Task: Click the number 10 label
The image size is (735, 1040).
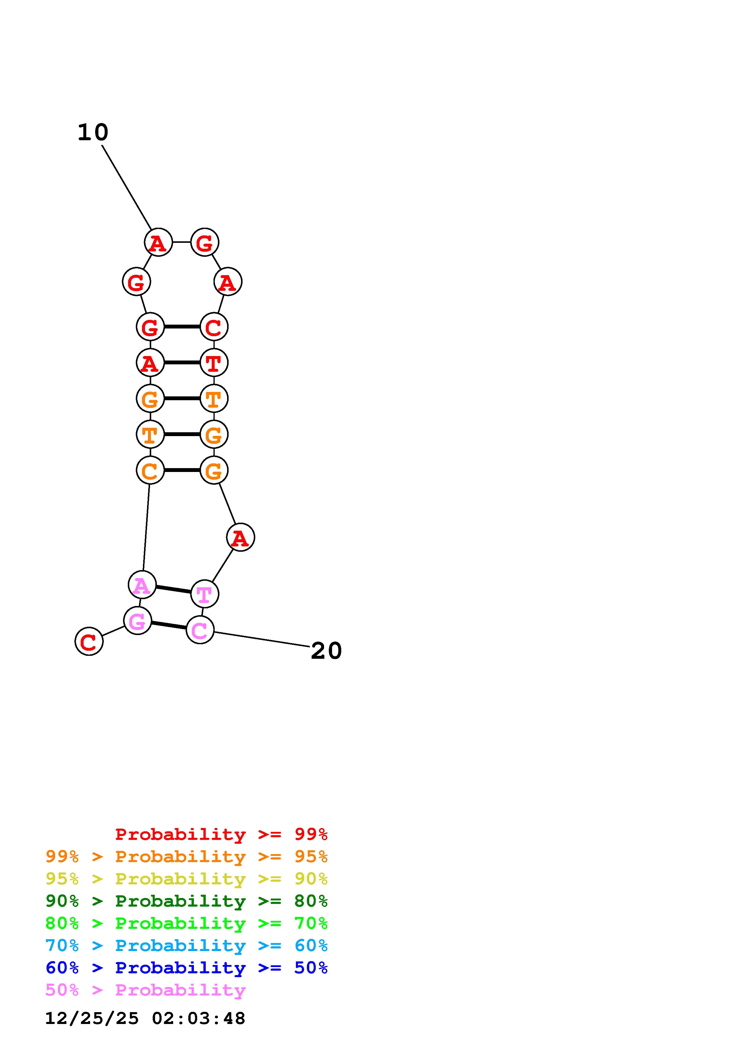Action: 93,132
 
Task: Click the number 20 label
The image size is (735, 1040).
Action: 326,651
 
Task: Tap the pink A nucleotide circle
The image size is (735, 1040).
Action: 142,585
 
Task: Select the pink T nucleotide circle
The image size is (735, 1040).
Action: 205,594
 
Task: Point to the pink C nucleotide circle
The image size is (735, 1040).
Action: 200,630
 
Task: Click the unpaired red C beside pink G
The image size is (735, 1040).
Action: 89,641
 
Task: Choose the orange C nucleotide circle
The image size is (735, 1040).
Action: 150,470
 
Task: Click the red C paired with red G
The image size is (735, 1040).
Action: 214,327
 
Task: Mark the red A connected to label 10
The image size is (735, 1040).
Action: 158,242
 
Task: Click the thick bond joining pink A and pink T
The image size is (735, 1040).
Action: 173,589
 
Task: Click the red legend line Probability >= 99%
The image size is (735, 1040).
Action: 221,834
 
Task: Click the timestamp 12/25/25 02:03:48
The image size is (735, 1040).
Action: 145,1018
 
